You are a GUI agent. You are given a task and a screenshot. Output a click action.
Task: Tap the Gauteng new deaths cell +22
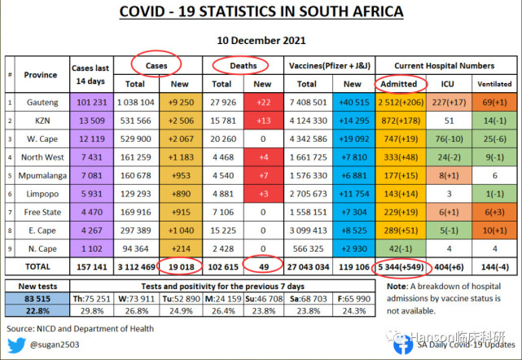[263, 102]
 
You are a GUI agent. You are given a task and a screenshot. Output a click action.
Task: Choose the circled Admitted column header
[398, 83]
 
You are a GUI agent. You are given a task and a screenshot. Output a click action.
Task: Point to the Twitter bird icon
[17, 345]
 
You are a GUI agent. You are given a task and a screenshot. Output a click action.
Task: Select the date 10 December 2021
[261, 39]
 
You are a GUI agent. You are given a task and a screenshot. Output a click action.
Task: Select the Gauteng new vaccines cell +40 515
[350, 102]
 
